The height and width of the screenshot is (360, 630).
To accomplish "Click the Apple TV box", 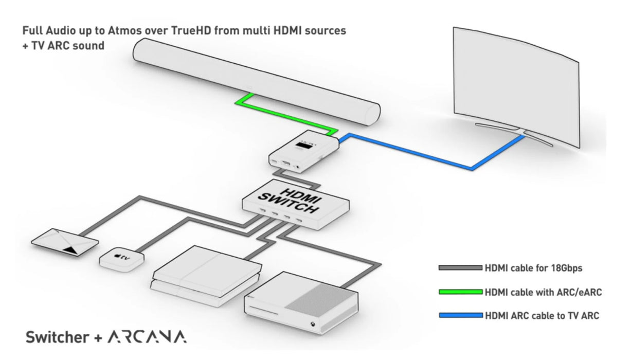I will (x=122, y=259).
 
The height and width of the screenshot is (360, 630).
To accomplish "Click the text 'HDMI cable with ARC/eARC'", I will (x=543, y=292).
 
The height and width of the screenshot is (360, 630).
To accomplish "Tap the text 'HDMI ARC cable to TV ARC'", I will (x=542, y=316).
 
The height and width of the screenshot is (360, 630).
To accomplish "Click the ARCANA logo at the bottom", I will (x=147, y=337).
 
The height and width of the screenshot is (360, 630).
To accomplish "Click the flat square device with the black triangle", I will (x=65, y=243).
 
